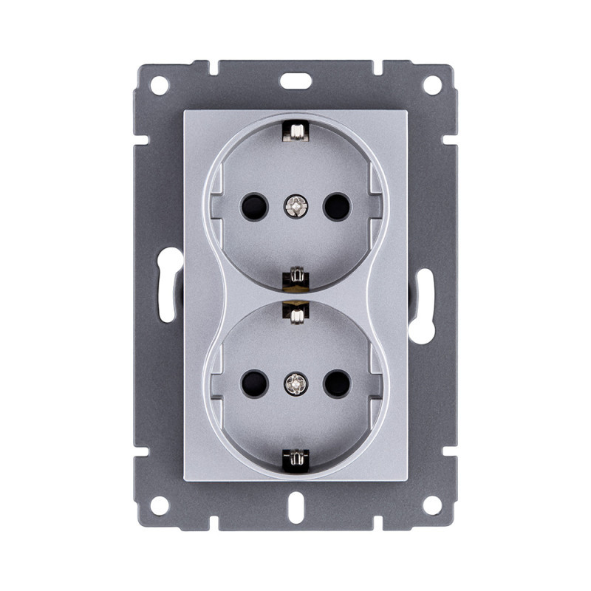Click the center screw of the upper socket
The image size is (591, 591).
295,206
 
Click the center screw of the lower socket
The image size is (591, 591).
295,383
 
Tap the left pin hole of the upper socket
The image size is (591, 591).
253,206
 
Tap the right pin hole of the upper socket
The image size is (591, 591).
337,206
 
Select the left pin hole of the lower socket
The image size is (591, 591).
253,383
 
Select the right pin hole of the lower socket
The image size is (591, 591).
337,383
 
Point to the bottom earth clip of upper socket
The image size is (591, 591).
295,278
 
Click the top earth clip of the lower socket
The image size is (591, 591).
295,315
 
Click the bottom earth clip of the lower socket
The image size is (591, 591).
295,459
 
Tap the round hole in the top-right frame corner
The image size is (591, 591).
431,85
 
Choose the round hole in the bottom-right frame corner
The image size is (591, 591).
431,505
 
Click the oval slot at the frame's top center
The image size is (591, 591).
295,80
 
